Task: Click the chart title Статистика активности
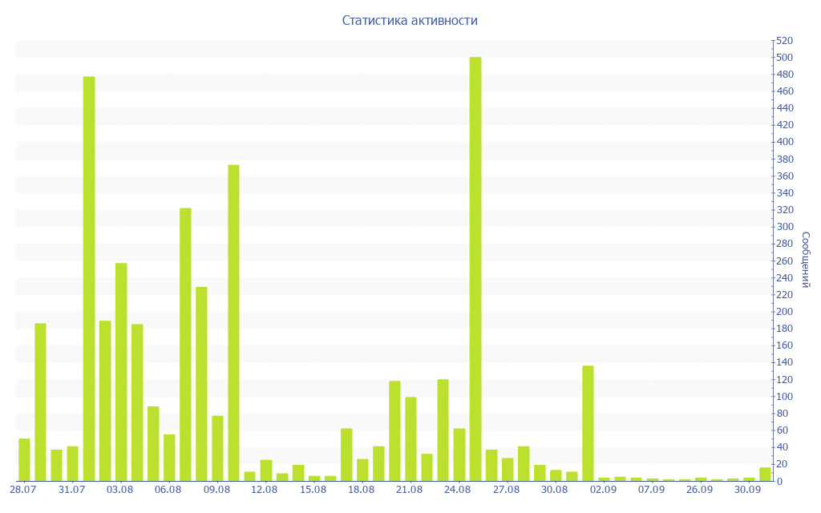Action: click(410, 20)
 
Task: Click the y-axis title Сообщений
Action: click(805, 260)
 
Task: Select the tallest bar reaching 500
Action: click(475, 269)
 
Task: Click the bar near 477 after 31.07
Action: click(89, 278)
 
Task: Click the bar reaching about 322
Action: click(185, 344)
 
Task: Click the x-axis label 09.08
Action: click(216, 490)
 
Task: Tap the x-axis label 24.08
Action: click(458, 490)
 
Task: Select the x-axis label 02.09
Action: click(603, 490)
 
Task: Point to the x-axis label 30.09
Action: click(748, 490)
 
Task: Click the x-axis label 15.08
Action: click(313, 490)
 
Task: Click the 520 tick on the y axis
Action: click(783, 40)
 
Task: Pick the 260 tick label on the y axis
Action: click(783, 261)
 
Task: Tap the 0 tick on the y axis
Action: click(780, 481)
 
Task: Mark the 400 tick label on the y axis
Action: click(783, 142)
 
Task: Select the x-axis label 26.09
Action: click(700, 490)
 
